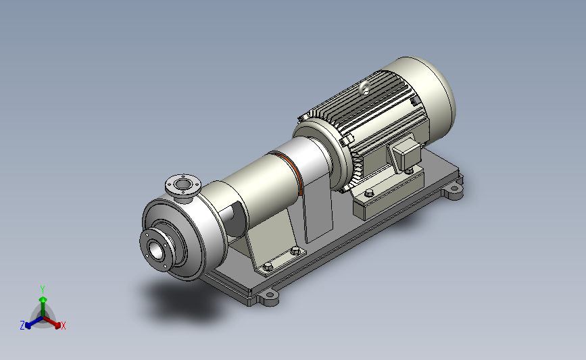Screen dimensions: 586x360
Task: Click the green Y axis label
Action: tap(42, 290)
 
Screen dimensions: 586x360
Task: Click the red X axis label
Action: tap(63, 326)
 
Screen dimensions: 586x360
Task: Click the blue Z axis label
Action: tap(22, 326)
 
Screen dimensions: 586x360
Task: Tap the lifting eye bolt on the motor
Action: tap(364, 88)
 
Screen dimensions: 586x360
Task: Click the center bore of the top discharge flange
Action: tap(182, 184)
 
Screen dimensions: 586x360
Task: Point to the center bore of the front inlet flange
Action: tap(156, 250)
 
